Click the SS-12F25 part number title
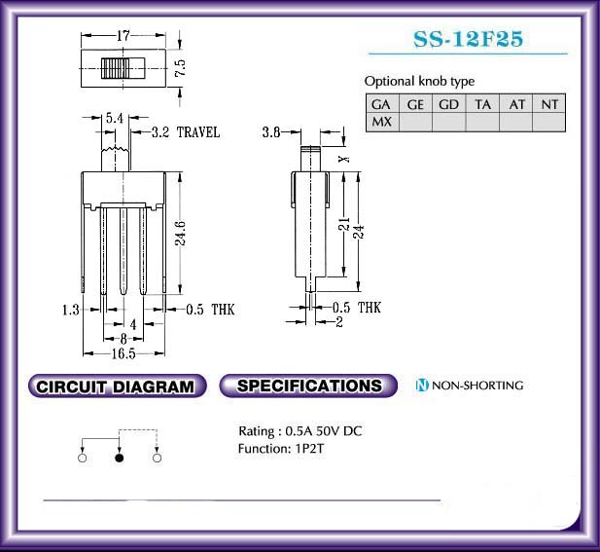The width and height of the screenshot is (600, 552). (x=468, y=39)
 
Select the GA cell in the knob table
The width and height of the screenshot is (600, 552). (x=382, y=104)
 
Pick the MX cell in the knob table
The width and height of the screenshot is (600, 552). (x=382, y=123)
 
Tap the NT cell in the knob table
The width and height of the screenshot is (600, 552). (x=549, y=104)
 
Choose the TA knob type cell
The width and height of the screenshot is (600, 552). (x=482, y=104)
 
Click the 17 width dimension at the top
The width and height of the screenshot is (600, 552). (x=124, y=36)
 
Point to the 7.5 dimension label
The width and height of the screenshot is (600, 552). (x=180, y=68)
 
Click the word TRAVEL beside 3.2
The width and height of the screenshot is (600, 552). (x=198, y=132)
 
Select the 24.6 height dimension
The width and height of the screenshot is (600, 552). (x=181, y=233)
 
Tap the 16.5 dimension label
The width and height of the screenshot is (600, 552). (x=124, y=353)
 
